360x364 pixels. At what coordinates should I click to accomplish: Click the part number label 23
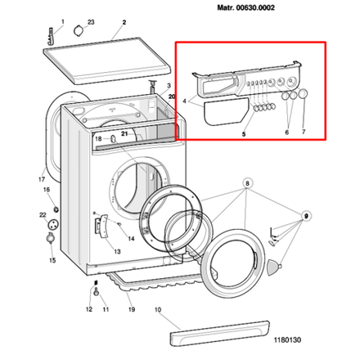tap(91, 20)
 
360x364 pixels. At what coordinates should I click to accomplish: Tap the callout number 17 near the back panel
tap(41, 178)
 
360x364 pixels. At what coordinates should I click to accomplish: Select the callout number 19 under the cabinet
tap(130, 311)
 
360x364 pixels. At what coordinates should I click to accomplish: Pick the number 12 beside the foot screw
tap(89, 311)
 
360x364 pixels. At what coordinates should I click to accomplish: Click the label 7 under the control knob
tap(304, 132)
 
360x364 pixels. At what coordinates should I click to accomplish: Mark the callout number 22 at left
tap(43, 215)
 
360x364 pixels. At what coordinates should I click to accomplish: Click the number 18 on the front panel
tap(98, 139)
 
